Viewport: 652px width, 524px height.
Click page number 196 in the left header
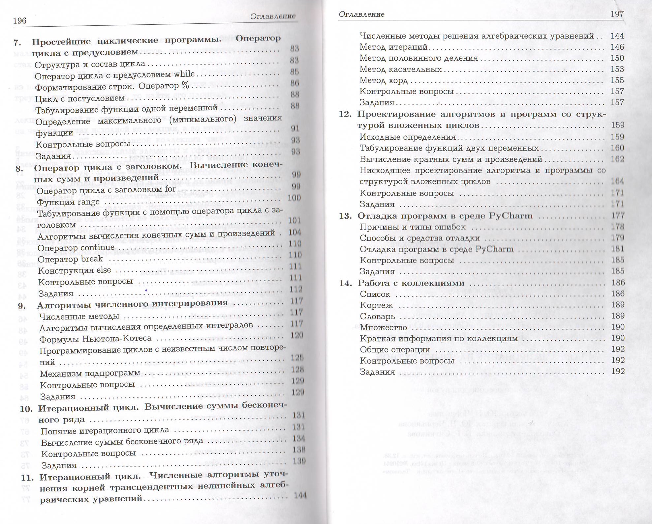coord(19,21)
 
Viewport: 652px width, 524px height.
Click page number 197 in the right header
coord(617,14)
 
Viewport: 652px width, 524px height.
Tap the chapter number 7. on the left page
coord(17,42)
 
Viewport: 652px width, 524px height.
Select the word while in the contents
coord(184,74)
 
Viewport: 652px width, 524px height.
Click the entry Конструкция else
coord(75,270)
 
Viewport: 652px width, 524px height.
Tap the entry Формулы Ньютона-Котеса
coord(95,339)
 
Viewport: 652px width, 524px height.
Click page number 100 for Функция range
coord(294,198)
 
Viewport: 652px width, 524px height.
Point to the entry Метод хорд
coord(384,81)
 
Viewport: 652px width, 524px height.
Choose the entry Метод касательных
coord(400,69)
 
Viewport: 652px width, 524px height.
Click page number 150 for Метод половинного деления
coord(617,58)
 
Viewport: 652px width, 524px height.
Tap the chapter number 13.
coord(345,216)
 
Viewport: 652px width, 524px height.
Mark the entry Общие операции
coord(395,350)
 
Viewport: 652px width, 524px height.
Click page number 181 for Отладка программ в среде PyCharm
coord(617,249)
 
